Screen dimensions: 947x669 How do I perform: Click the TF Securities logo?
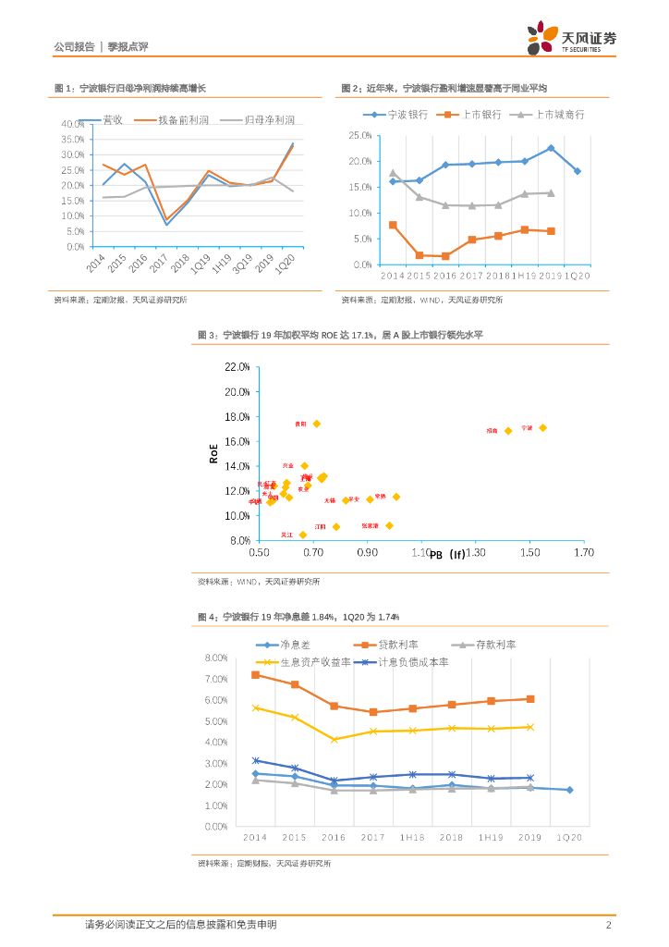pyautogui.click(x=571, y=38)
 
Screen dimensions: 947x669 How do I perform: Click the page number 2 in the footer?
pyautogui.click(x=608, y=925)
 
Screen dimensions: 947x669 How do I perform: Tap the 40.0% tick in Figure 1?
pyautogui.click(x=72, y=124)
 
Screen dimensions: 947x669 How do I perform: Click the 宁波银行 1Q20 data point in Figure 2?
pyautogui.click(x=577, y=171)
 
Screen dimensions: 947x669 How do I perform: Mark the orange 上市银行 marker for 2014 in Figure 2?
pyautogui.click(x=393, y=225)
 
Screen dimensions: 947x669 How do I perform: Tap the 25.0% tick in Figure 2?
pyautogui.click(x=359, y=135)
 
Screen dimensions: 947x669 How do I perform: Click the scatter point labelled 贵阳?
pyautogui.click(x=316, y=424)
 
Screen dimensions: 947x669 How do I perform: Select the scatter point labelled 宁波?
pyautogui.click(x=542, y=427)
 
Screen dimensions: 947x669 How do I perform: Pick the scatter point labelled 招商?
pyautogui.click(x=507, y=431)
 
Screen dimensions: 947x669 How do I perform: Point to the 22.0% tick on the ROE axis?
pyautogui.click(x=237, y=367)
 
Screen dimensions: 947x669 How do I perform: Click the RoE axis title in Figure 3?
pyautogui.click(x=213, y=453)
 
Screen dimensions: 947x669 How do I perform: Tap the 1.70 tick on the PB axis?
pyautogui.click(x=583, y=552)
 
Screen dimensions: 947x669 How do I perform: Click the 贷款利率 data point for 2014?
pyautogui.click(x=255, y=675)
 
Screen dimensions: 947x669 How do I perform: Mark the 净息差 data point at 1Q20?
pyautogui.click(x=569, y=790)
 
